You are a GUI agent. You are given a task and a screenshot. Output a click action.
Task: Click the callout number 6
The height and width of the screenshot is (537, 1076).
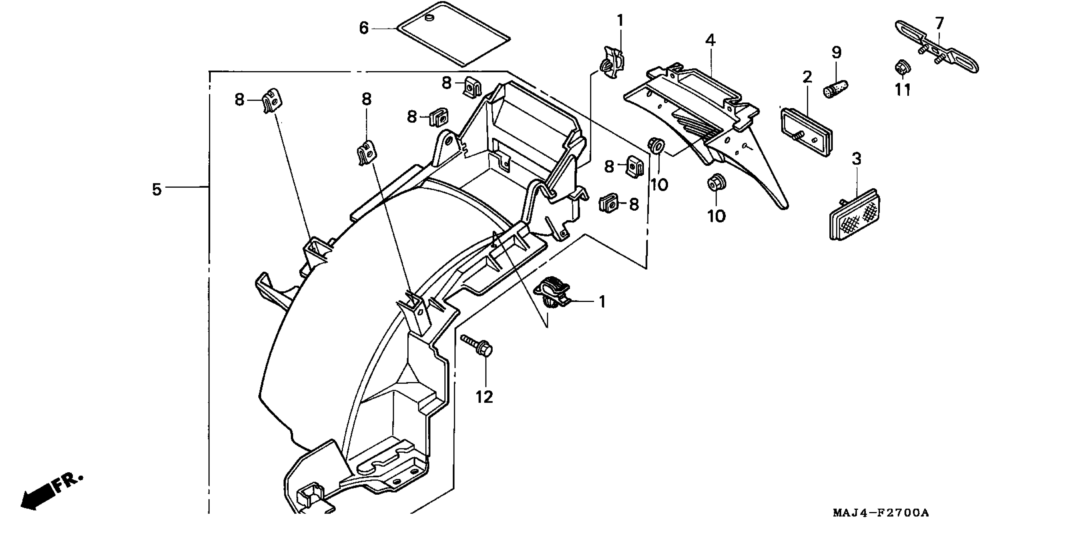(x=364, y=28)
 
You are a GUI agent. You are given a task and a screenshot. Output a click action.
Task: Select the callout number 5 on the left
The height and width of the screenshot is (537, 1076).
(x=156, y=189)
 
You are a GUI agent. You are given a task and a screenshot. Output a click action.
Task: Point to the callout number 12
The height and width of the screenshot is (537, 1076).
(x=484, y=396)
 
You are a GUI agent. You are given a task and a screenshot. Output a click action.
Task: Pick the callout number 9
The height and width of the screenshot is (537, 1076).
(x=836, y=53)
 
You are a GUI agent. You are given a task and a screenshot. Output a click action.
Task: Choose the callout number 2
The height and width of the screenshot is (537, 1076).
(x=807, y=77)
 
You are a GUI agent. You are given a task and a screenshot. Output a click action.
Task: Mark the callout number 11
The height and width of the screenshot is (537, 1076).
(x=903, y=89)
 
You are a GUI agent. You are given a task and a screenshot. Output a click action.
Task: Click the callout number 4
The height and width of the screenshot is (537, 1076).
(x=710, y=40)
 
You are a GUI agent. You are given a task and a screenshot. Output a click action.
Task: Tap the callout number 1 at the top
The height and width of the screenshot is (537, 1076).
(x=620, y=20)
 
